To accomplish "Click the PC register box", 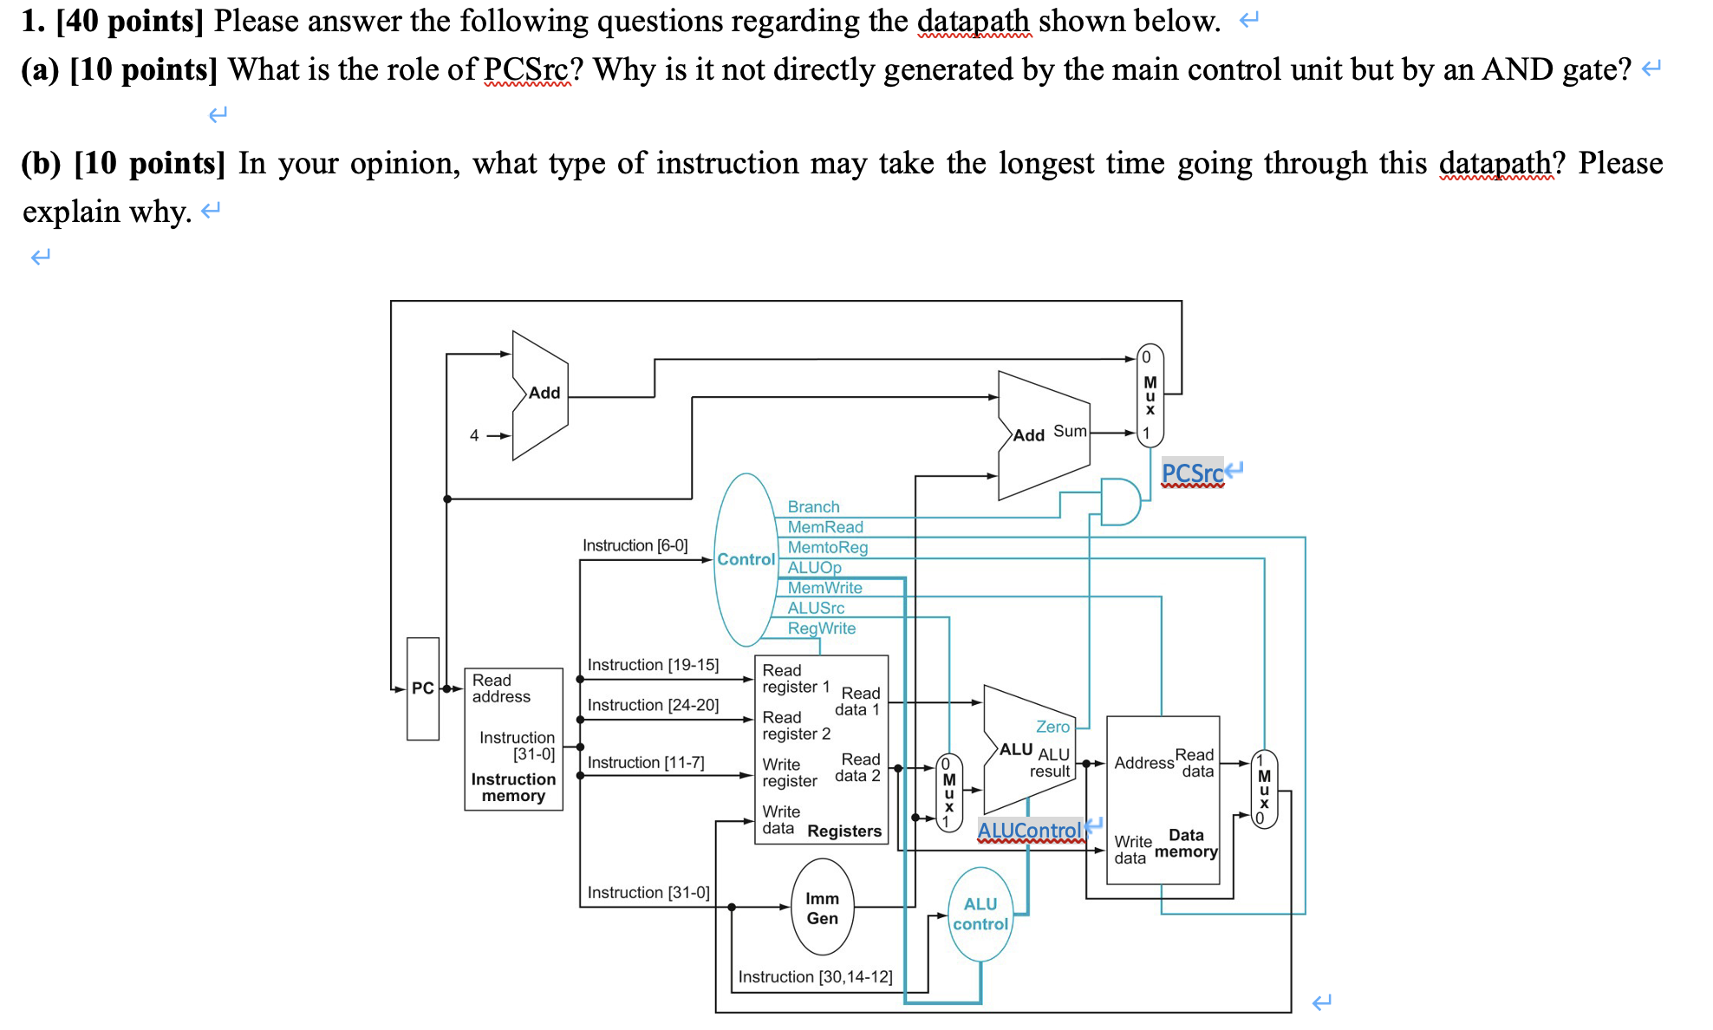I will [x=422, y=688].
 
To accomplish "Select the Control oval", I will [x=746, y=559].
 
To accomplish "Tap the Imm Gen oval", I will [x=822, y=908].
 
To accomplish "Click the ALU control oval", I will [x=980, y=915].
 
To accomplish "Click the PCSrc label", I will [x=1192, y=473].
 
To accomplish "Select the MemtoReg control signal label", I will [x=827, y=547].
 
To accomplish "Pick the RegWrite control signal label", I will [x=821, y=628].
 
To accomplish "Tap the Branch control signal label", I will [x=813, y=506].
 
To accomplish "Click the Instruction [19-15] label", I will [x=653, y=664].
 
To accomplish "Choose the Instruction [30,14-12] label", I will [x=815, y=976].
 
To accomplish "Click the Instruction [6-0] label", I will [x=635, y=544].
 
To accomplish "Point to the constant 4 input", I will [x=474, y=435].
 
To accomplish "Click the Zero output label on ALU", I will [x=1052, y=727].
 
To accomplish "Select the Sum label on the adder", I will [x=1070, y=431].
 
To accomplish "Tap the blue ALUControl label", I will [x=1030, y=831].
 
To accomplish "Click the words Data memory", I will [x=1186, y=843].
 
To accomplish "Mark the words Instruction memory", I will [x=513, y=787].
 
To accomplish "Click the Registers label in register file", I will [x=843, y=831].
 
